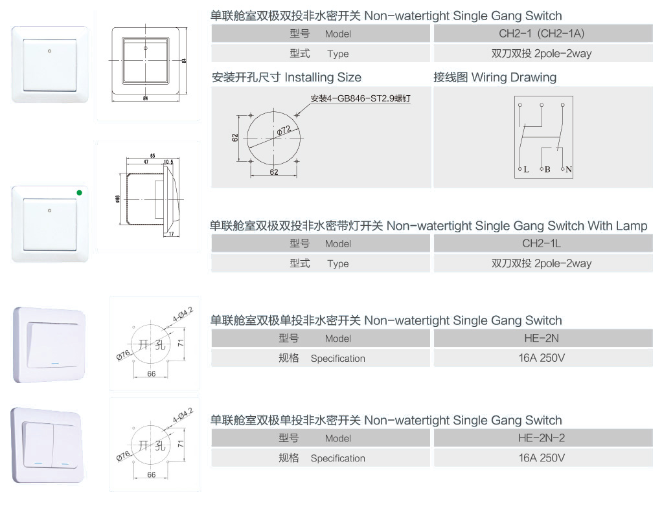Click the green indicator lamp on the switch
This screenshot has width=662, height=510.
coord(79,192)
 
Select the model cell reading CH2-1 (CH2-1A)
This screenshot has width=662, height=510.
coord(543,34)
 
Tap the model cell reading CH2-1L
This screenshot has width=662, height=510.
coord(543,243)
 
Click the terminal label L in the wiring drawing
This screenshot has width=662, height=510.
coord(526,170)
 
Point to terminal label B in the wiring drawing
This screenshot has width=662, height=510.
coord(547,170)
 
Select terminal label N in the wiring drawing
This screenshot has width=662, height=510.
coord(569,170)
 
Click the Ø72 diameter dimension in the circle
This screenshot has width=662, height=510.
coord(284,131)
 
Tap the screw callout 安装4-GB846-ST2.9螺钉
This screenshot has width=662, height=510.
coord(361,98)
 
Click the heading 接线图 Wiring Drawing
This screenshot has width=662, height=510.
coord(495,78)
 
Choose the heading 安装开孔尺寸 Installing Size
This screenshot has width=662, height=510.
coord(286,78)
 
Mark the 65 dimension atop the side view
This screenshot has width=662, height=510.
coord(152,156)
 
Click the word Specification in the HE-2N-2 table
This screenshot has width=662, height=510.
coord(337,458)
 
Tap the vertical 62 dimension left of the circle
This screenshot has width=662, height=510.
coord(235,137)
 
